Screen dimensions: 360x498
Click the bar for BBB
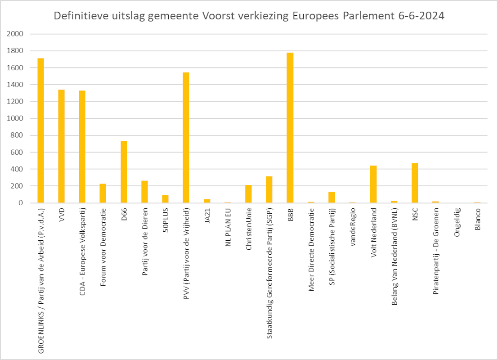pyautogui.click(x=290, y=128)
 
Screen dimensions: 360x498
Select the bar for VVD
pyautogui.click(x=61, y=146)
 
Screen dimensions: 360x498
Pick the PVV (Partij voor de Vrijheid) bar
pyautogui.click(x=186, y=138)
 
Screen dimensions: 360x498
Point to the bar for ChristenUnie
pyautogui.click(x=248, y=194)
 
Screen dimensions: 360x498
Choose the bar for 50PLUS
pyautogui.click(x=165, y=199)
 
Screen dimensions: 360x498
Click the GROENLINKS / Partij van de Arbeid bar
pyautogui.click(x=40, y=130)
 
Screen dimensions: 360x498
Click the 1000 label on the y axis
pyautogui.click(x=16, y=119)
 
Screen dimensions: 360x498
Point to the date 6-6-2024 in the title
pyautogui.click(x=421, y=16)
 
